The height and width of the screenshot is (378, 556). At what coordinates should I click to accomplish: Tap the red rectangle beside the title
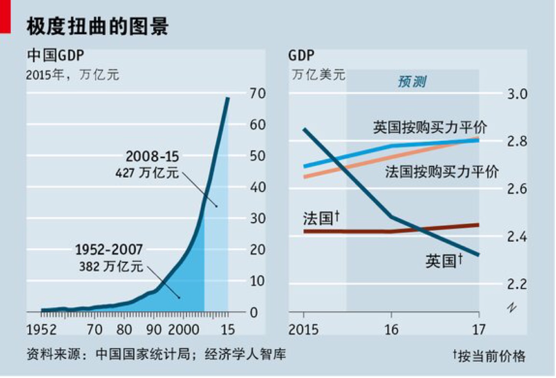pyautogui.click(x=5, y=17)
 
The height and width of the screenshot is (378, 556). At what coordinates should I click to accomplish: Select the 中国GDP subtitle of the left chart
pyautogui.click(x=56, y=55)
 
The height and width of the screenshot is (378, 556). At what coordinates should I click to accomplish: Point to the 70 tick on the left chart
pyautogui.click(x=257, y=93)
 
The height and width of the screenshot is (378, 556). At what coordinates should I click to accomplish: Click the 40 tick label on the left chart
pyautogui.click(x=257, y=187)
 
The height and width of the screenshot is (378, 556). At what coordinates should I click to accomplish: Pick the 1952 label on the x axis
pyautogui.click(x=41, y=330)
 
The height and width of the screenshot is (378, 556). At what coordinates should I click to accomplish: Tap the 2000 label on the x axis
pyautogui.click(x=183, y=330)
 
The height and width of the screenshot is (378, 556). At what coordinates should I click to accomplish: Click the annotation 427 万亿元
pyautogui.click(x=147, y=172)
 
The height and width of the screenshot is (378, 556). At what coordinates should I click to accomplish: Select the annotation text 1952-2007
pyautogui.click(x=109, y=250)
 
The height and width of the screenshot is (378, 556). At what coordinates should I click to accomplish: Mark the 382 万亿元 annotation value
pyautogui.click(x=111, y=266)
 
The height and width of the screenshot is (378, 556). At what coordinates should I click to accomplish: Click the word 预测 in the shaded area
pyautogui.click(x=412, y=81)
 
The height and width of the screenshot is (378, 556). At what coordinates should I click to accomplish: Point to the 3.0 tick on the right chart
pyautogui.click(x=517, y=94)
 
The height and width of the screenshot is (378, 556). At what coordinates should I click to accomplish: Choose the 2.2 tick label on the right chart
pyautogui.click(x=517, y=284)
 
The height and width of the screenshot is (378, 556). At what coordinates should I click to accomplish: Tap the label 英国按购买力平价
pyautogui.click(x=430, y=127)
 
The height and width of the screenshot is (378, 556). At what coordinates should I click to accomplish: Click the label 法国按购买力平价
pyautogui.click(x=442, y=171)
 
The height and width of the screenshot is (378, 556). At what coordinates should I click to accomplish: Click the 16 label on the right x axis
pyautogui.click(x=391, y=330)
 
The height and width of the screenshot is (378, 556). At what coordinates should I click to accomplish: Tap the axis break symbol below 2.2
pyautogui.click(x=511, y=307)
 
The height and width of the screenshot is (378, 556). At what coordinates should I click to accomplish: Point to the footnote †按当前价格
pyautogui.click(x=489, y=356)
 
